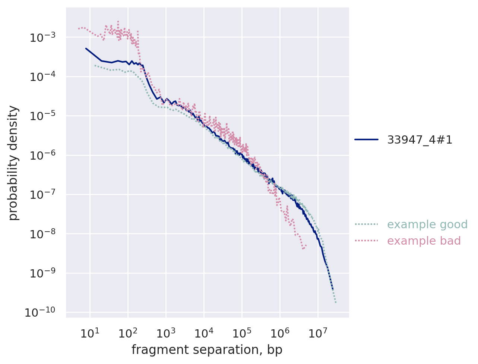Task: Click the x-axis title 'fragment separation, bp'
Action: click(207, 350)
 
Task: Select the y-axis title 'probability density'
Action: click(13, 163)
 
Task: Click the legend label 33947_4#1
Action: click(420, 139)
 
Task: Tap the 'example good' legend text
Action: click(427, 225)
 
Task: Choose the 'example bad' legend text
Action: click(424, 241)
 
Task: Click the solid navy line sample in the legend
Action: click(366, 139)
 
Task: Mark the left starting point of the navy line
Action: click(86, 48)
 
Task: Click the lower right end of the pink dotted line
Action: click(306, 245)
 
